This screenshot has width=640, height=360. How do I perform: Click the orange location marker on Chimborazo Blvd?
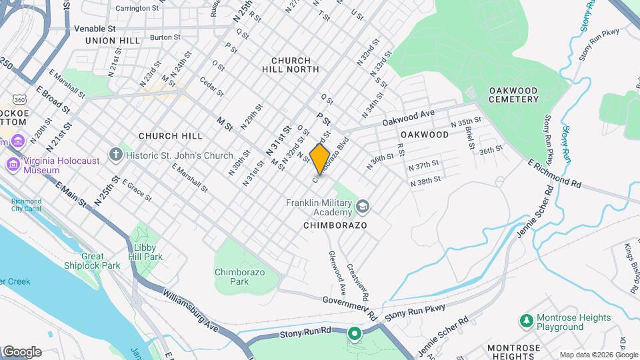[x=320, y=159]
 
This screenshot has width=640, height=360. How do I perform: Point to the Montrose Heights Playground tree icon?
[x=526, y=321]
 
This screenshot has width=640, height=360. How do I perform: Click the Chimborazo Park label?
[x=241, y=276]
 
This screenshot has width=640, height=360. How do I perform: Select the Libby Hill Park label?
[x=145, y=251]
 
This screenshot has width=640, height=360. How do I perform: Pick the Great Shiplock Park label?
[x=101, y=261]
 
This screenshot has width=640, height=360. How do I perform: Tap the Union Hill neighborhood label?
[x=113, y=41]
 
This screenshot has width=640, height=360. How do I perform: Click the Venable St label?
[x=95, y=29]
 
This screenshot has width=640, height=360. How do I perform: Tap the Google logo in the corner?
[x=22, y=352]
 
